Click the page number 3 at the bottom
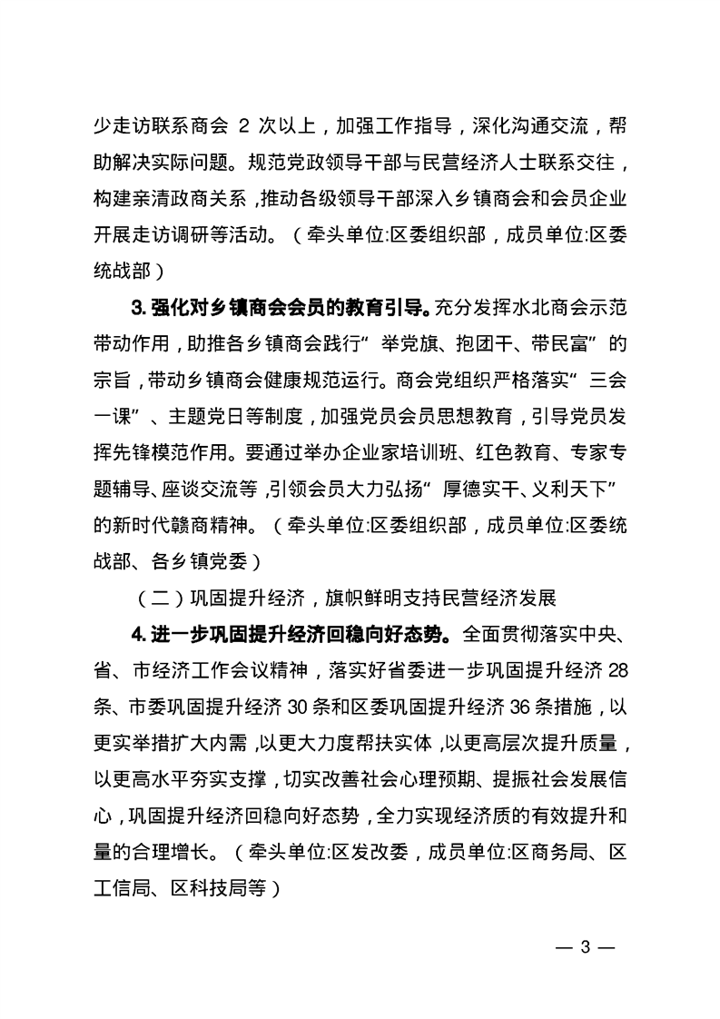click(x=586, y=947)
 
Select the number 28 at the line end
click(x=618, y=673)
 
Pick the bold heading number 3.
click(x=136, y=310)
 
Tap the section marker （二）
click(x=151, y=599)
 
